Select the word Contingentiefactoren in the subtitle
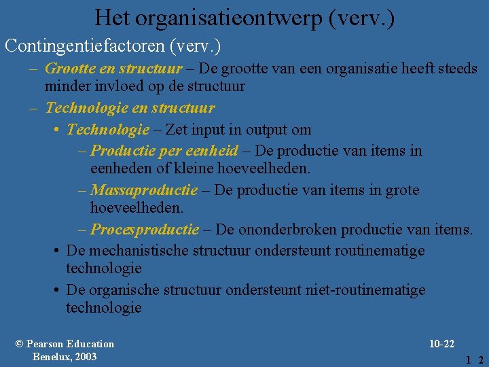click(86, 46)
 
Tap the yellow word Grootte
click(69, 69)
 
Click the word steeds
click(456, 69)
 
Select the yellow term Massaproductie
click(144, 190)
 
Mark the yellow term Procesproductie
click(145, 229)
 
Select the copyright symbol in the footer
click(19, 344)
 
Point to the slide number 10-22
click(441, 344)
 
